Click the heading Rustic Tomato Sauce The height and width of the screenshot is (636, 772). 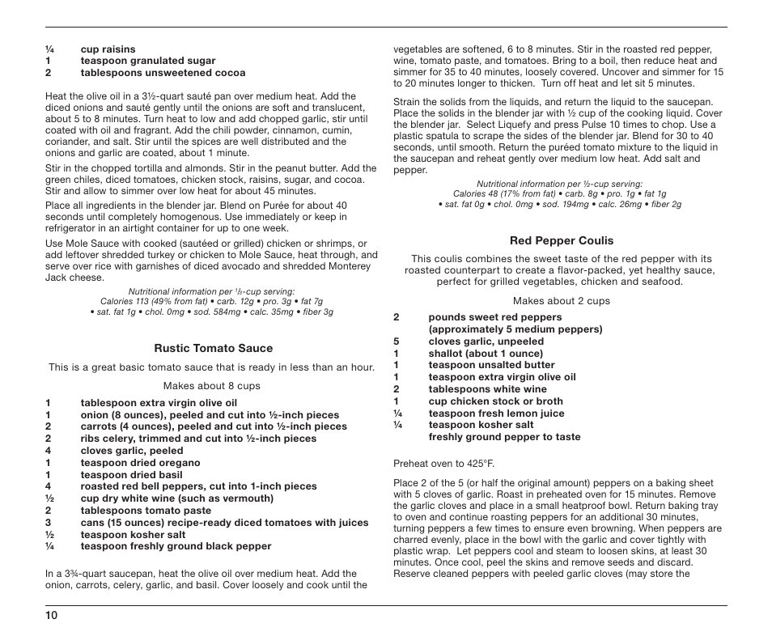pyautogui.click(x=214, y=349)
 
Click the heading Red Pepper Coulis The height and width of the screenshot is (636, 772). pyautogui.click(x=561, y=241)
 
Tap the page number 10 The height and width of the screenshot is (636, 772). pyautogui.click(x=51, y=616)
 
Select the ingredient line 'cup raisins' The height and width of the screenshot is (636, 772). pyautogui.click(x=108, y=49)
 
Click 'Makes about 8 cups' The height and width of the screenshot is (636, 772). pyautogui.click(x=211, y=386)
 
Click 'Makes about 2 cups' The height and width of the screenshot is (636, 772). pyautogui.click(x=561, y=301)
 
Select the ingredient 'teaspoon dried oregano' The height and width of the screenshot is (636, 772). pyautogui.click(x=140, y=463)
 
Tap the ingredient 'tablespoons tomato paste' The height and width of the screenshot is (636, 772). pyautogui.click(x=146, y=511)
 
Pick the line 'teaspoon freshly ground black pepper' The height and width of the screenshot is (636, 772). pyautogui.click(x=176, y=546)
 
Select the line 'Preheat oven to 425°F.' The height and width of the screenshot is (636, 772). pyautogui.click(x=443, y=464)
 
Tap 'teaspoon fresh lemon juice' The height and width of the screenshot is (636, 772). pyautogui.click(x=496, y=413)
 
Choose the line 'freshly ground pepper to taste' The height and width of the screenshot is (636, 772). pyautogui.click(x=504, y=437)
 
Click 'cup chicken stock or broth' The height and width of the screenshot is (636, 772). pyautogui.click(x=495, y=401)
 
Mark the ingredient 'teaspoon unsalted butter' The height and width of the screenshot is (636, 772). pyautogui.click(x=491, y=365)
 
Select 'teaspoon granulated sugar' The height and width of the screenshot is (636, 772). pyautogui.click(x=148, y=61)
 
